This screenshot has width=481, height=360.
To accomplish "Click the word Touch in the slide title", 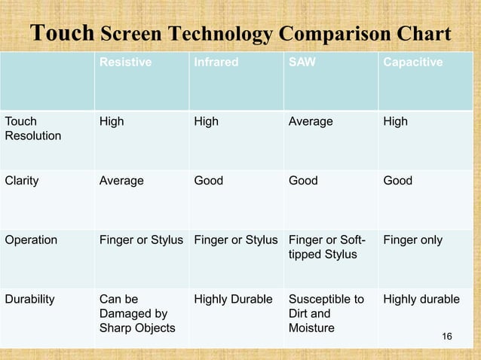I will pos(62,35).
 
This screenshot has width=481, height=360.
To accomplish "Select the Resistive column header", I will pos(125,63).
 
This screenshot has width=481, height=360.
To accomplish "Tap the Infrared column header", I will pos(216,63).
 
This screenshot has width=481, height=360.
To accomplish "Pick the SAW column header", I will pos(302,63).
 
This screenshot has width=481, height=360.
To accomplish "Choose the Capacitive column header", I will pos(413,63).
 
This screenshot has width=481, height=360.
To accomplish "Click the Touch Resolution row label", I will pos(33,129).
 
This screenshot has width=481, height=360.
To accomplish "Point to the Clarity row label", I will pos(22,181).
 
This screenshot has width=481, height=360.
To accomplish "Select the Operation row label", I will pos(31,240).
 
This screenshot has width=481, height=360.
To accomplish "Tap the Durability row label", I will pos(30,299).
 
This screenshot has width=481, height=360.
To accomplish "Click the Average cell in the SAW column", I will pos(311,121).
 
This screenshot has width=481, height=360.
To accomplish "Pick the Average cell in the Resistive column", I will pos(121,181).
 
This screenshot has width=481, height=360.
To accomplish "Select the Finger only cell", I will pos(413,240).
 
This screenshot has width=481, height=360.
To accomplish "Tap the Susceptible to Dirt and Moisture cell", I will pos(326,313).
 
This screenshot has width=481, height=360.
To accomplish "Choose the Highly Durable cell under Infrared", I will pos(233,299).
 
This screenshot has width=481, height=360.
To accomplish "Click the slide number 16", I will pos(447,335).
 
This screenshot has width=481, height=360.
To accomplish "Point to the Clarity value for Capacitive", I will pos(398,181).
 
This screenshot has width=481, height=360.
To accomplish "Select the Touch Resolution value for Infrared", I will pos(207,121).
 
